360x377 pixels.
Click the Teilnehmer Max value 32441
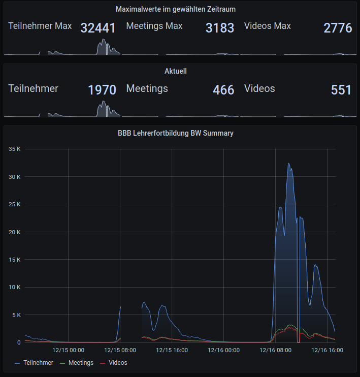[98, 28]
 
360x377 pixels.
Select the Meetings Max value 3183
[220, 28]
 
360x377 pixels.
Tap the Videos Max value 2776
[338, 28]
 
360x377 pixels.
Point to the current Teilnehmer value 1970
[102, 90]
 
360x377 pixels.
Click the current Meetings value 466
[223, 90]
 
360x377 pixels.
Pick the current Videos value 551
[341, 90]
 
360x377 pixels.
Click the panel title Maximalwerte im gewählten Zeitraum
[176, 9]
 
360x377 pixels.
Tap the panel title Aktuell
[176, 71]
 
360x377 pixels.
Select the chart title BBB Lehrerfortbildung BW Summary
[176, 134]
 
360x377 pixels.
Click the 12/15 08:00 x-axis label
[120, 350]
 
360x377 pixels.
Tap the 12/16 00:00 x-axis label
[224, 350]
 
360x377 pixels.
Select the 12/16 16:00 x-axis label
[328, 350]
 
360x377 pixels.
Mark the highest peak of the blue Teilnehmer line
[288, 164]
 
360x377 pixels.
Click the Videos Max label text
[268, 26]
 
